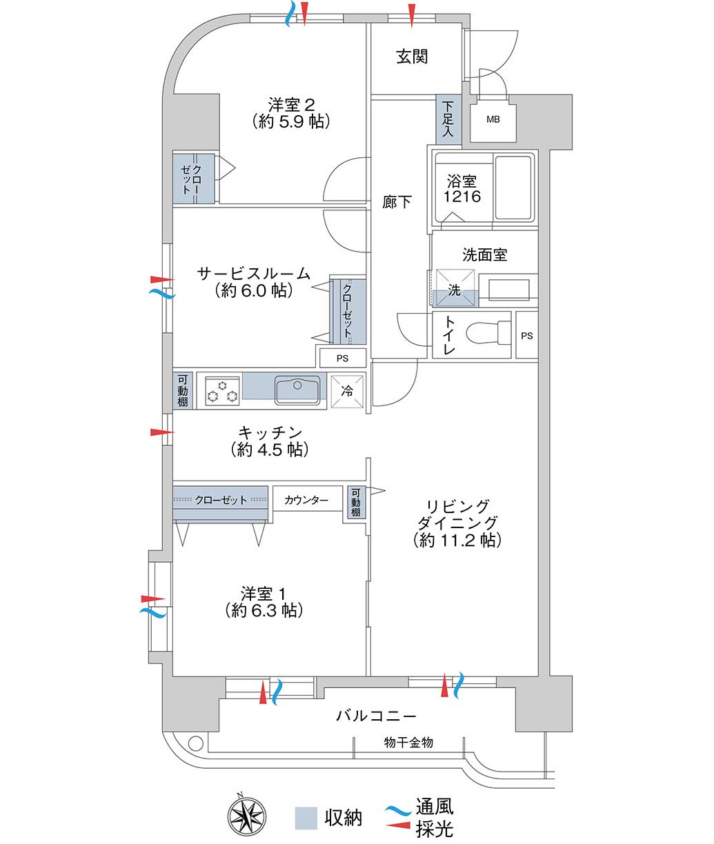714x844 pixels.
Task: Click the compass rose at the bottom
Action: click(247, 815)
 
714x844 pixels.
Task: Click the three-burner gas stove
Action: click(222, 391)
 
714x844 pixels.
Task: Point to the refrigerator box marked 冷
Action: click(347, 391)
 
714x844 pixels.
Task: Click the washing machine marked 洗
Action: click(455, 288)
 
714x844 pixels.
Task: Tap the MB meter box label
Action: click(493, 120)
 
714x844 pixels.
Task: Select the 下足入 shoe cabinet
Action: click(448, 119)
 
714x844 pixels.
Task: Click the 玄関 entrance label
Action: click(412, 57)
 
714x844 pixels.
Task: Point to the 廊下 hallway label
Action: click(397, 202)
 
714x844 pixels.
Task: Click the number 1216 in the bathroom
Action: click(462, 197)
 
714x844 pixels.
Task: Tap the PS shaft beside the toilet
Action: click(527, 335)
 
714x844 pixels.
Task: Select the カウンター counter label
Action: click(306, 500)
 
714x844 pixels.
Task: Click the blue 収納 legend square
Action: click(306, 818)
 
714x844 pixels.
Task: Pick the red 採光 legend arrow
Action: click(398, 825)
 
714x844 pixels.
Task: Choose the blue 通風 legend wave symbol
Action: click(398, 809)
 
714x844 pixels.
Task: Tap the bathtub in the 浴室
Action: click(514, 188)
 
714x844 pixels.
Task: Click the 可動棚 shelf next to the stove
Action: click(183, 391)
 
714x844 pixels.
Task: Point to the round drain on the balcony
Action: click(195, 742)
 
